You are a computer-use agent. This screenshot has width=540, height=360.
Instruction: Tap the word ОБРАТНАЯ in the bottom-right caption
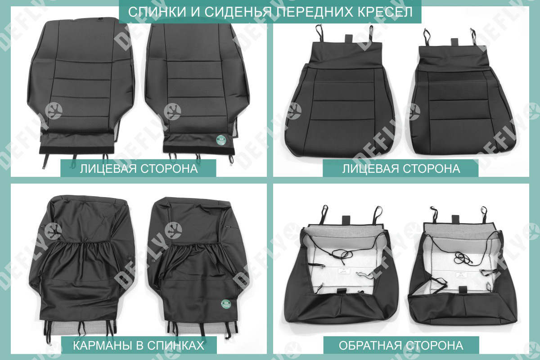(369, 345)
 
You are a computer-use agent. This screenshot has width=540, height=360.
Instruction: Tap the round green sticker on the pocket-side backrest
(226, 304)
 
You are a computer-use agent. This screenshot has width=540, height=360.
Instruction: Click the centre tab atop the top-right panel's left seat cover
(349, 39)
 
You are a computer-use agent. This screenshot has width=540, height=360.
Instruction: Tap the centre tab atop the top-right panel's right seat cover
(454, 42)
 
